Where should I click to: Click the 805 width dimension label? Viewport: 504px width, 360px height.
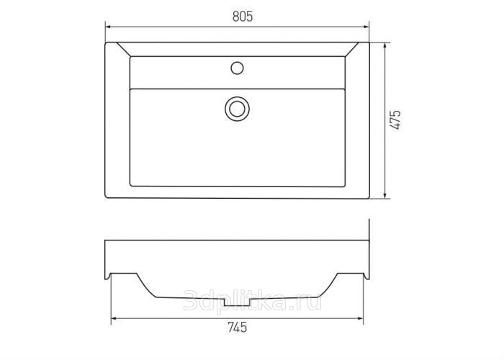[243, 17]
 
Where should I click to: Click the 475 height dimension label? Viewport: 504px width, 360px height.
[396, 120]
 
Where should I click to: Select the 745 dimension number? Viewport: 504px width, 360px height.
[238, 327]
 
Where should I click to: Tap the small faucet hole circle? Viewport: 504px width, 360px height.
[237, 68]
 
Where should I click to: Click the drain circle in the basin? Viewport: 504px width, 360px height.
[237, 109]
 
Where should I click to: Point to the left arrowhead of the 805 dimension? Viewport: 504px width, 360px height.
[108, 27]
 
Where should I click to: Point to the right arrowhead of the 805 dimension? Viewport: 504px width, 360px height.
[366, 27]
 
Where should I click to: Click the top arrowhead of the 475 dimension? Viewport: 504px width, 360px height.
[385, 45]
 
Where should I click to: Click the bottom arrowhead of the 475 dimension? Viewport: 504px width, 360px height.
[385, 195]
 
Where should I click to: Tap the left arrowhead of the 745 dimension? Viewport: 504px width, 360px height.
[114, 318]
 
